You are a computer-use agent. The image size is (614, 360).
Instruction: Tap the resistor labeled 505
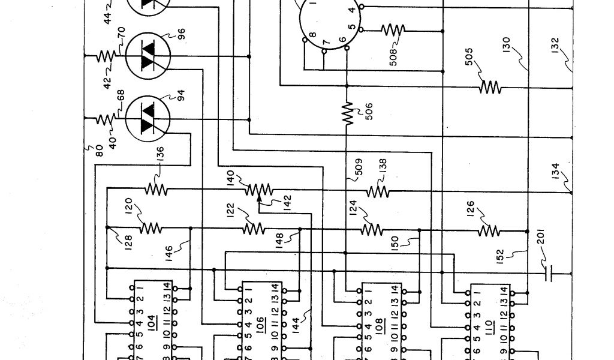click(490, 88)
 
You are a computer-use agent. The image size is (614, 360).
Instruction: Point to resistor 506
click(347, 113)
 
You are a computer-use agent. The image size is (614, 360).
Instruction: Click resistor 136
click(156, 190)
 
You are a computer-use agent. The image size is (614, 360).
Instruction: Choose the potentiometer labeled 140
click(258, 190)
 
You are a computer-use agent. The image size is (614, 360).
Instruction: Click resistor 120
click(152, 228)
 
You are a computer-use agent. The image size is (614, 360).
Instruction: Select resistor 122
click(254, 228)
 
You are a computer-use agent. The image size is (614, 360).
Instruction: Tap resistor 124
click(371, 230)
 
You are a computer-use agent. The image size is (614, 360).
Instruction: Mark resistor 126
click(489, 230)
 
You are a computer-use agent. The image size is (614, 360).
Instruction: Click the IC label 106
click(260, 324)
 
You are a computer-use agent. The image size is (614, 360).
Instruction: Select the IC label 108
click(378, 327)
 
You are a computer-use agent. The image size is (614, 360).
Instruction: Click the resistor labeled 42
click(106, 56)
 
